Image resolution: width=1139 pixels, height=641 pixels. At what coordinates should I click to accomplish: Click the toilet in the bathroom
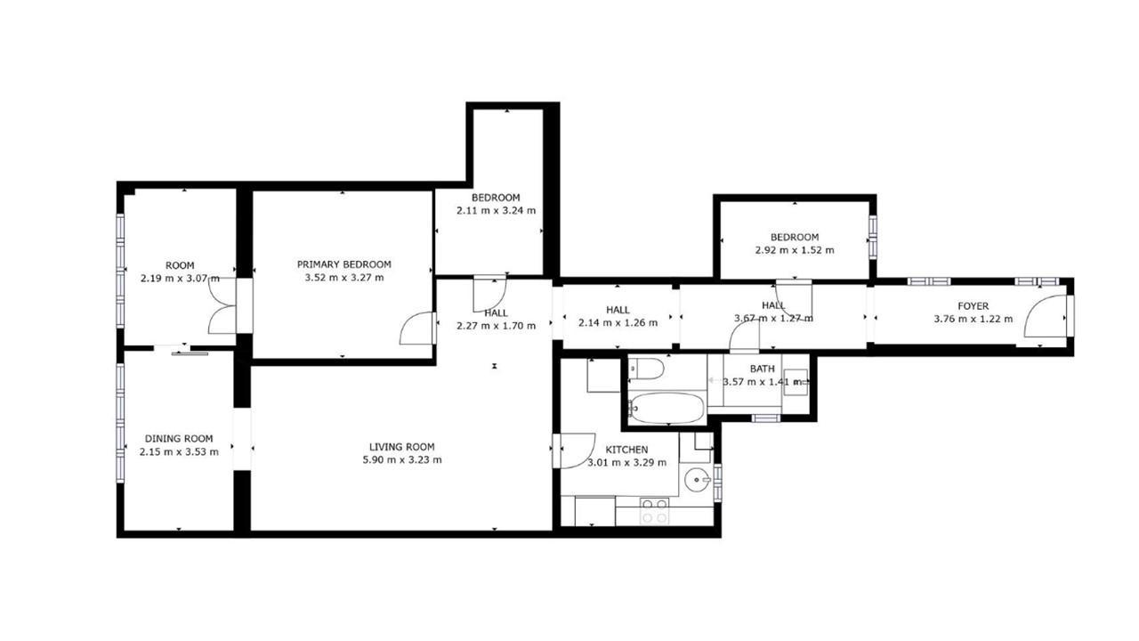(x=646, y=369)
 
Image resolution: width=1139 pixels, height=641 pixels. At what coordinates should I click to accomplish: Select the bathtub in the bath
(x=666, y=408)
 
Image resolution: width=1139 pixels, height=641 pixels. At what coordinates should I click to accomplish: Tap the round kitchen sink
(x=697, y=480)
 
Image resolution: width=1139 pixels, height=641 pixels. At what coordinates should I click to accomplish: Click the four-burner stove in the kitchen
(x=655, y=511)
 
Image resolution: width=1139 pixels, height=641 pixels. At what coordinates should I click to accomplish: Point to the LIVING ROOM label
(x=401, y=447)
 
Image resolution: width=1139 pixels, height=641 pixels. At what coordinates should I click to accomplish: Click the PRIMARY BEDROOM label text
(x=343, y=264)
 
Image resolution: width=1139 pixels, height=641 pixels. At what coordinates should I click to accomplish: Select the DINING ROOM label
(x=179, y=439)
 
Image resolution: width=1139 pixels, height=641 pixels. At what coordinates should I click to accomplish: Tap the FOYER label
(x=973, y=306)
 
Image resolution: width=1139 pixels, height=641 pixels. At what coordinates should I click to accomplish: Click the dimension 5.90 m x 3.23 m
(x=401, y=460)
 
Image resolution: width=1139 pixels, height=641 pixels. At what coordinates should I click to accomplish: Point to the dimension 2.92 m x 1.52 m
(x=795, y=250)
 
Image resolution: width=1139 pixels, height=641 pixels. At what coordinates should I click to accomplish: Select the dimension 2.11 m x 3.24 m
(x=496, y=211)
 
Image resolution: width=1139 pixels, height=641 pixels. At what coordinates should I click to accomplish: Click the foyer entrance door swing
(x=1046, y=316)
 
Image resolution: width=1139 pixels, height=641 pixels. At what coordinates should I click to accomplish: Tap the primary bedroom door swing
(x=418, y=329)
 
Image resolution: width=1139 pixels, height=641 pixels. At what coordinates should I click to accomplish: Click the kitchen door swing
(x=575, y=450)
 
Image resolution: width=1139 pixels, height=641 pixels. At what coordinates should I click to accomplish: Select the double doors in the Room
(x=222, y=305)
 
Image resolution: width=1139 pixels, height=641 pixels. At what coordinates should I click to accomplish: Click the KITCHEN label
(x=626, y=450)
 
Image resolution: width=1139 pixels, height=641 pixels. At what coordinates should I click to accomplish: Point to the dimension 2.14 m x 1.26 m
(x=618, y=323)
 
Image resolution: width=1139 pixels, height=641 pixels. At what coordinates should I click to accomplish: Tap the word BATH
(x=763, y=369)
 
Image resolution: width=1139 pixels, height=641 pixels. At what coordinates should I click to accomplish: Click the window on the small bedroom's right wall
(x=873, y=238)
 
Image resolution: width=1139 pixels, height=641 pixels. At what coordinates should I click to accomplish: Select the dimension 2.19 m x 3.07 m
(x=180, y=279)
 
